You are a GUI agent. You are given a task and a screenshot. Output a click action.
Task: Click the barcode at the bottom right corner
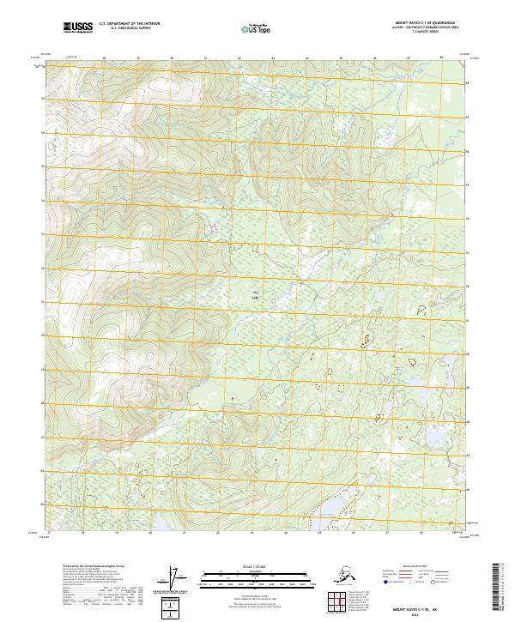[497, 586]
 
